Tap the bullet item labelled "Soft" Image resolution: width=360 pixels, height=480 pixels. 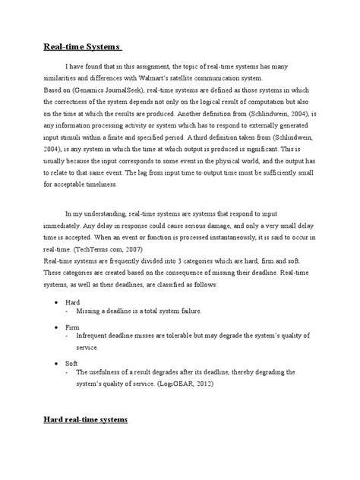pyautogui.click(x=72, y=362)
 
